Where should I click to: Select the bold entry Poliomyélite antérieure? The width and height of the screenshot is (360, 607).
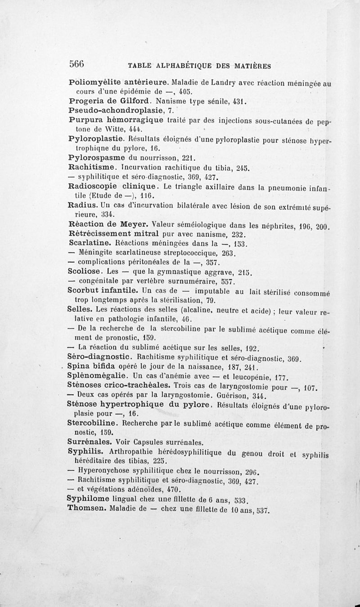(x=119, y=83)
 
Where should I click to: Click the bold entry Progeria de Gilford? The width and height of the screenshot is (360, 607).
(x=105, y=102)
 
